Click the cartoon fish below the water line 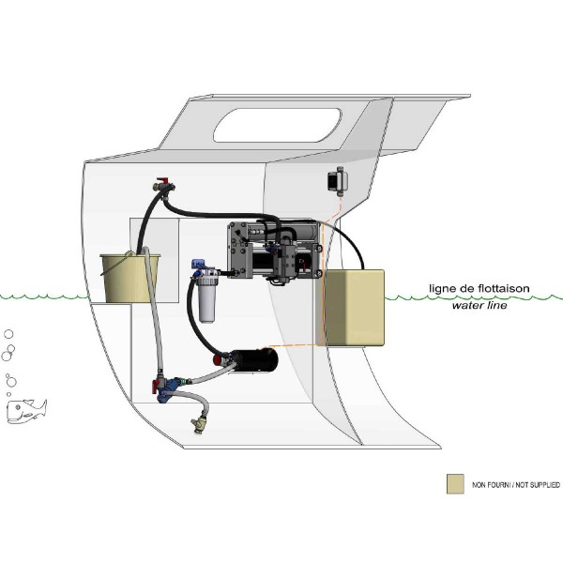point(26,409)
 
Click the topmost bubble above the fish point(8,334)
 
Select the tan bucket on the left point(126,278)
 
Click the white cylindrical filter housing point(207,299)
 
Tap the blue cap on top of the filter point(200,266)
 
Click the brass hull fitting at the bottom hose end point(198,423)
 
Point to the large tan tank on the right point(349,307)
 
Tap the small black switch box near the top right point(337,178)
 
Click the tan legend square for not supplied point(455,483)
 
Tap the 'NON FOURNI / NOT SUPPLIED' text point(516,485)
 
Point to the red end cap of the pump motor point(221,359)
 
